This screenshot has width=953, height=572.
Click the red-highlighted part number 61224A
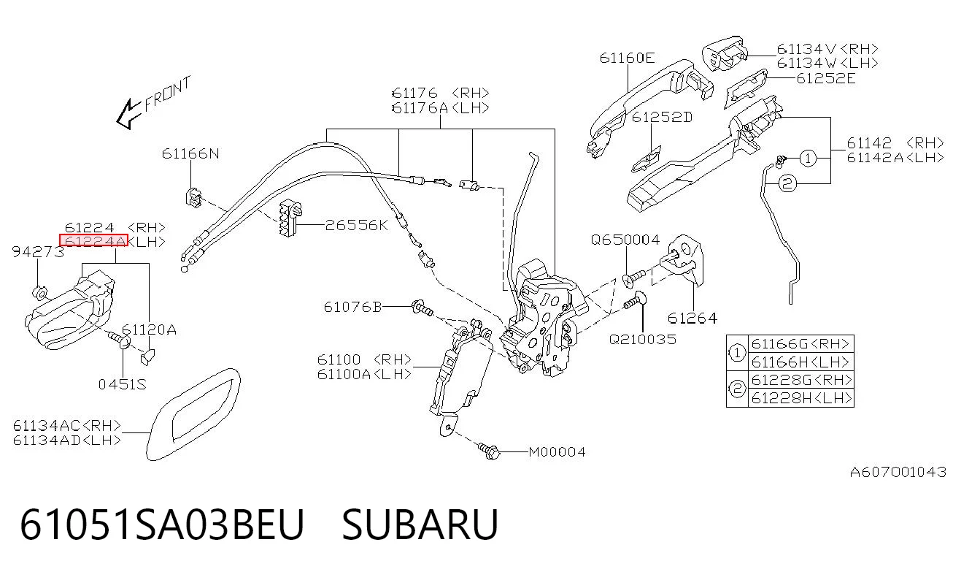click(x=93, y=240)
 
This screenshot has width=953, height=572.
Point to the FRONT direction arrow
click(x=128, y=114)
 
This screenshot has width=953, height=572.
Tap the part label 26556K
click(x=357, y=225)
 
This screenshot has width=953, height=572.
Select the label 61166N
click(x=190, y=153)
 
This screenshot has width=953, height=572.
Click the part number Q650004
click(x=625, y=240)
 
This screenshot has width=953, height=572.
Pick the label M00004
click(x=557, y=451)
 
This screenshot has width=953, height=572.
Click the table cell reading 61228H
click(x=800, y=398)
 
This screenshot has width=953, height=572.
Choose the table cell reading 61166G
click(x=800, y=343)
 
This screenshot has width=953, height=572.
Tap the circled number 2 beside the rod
click(x=787, y=184)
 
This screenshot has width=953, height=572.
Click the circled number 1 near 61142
click(x=808, y=159)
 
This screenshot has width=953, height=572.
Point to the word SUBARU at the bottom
click(x=420, y=524)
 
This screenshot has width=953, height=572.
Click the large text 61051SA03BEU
click(x=162, y=524)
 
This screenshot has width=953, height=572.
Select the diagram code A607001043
click(x=898, y=472)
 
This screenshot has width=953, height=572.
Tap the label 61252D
click(x=662, y=117)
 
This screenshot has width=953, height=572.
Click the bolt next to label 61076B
click(x=423, y=308)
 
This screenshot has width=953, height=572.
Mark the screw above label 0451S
click(x=120, y=340)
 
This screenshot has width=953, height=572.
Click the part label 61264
click(x=692, y=319)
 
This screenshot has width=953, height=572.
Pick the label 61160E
click(x=627, y=58)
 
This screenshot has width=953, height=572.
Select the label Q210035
click(x=642, y=340)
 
